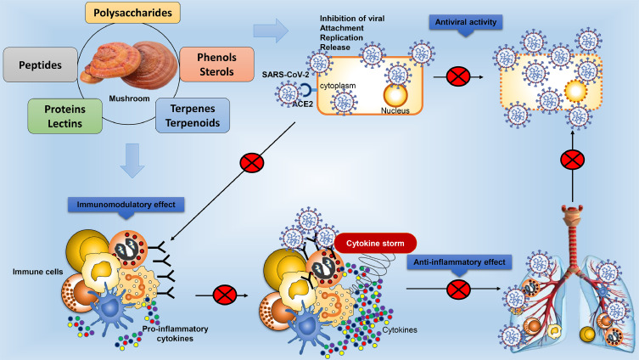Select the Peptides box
[x=39, y=65]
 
